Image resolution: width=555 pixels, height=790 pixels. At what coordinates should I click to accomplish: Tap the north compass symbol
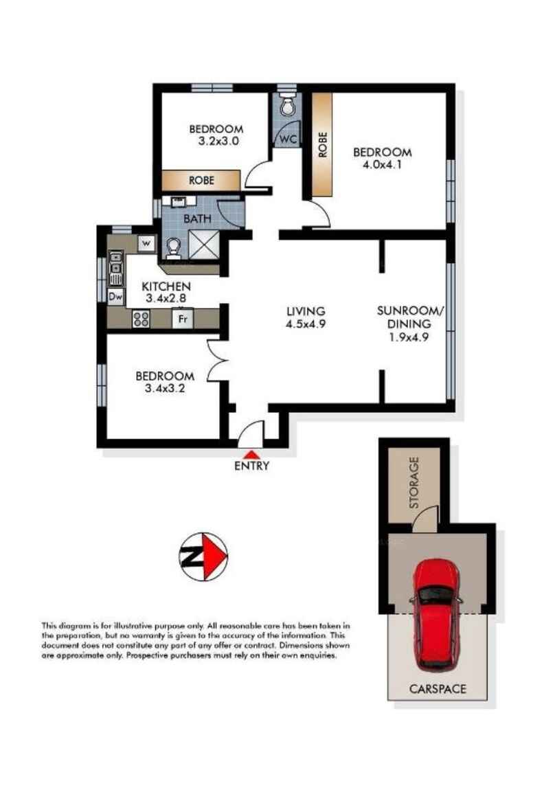pyautogui.click(x=203, y=556)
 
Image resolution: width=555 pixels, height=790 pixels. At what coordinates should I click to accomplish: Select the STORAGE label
pyautogui.click(x=414, y=482)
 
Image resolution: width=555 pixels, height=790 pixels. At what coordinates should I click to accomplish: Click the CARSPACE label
pyautogui.click(x=438, y=689)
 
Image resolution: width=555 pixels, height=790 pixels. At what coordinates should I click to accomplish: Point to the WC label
pyautogui.click(x=288, y=139)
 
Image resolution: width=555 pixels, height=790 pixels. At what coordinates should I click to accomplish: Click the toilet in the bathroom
pyautogui.click(x=172, y=249)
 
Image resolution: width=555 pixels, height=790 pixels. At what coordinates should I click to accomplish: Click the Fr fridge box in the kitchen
pyautogui.click(x=183, y=319)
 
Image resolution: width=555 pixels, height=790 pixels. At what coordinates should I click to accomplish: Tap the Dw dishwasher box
pyautogui.click(x=116, y=297)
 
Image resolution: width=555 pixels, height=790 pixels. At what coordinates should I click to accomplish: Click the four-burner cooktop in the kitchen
pyautogui.click(x=141, y=319)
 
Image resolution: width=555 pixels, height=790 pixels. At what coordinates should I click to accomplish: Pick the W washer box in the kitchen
pyautogui.click(x=146, y=244)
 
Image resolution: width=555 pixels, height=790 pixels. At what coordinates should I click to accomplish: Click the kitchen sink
pyautogui.click(x=116, y=267)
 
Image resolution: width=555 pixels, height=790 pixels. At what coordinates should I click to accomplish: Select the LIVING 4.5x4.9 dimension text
pyautogui.click(x=305, y=317)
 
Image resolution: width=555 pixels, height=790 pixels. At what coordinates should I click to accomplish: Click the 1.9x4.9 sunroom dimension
pyautogui.click(x=409, y=337)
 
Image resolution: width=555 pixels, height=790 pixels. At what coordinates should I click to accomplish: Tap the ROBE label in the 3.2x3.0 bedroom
pyautogui.click(x=201, y=180)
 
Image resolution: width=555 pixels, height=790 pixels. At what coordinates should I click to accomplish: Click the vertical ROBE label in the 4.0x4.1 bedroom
pyautogui.click(x=322, y=144)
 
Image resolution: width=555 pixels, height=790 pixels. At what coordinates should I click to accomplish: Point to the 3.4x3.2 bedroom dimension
pyautogui.click(x=165, y=388)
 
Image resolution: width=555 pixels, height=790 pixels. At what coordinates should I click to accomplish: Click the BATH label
pyautogui.click(x=197, y=219)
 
